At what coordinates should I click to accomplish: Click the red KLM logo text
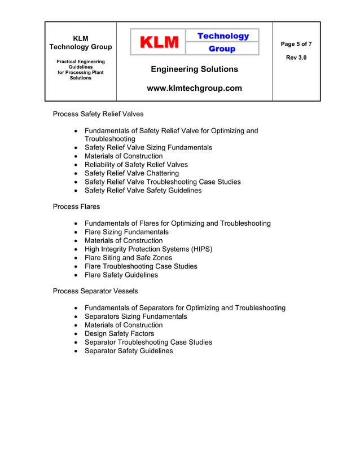tap(159, 42)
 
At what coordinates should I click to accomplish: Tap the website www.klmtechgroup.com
tap(194, 88)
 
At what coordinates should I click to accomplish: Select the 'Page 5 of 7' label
tap(296, 44)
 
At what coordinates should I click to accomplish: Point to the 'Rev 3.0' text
tap(296, 58)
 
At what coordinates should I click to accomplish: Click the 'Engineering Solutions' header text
tap(194, 69)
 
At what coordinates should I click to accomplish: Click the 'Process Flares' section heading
tap(76, 206)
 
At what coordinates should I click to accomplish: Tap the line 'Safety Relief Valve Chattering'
tap(131, 173)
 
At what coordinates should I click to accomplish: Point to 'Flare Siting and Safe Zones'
tap(128, 258)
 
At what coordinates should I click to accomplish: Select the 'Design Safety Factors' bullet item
tap(119, 333)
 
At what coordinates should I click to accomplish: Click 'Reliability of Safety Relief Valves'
tap(136, 165)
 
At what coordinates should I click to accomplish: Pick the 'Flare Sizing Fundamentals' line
tap(126, 232)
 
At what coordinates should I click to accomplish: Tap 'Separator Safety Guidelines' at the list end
tap(129, 351)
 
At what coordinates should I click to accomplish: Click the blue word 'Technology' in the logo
tap(222, 36)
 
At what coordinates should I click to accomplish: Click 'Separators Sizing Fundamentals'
tap(135, 316)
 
